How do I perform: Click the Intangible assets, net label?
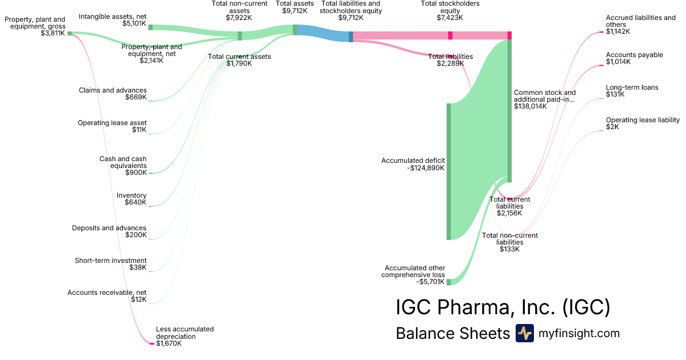pos(113,17)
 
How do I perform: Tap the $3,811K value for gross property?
pos(53,33)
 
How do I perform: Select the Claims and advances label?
pos(113,90)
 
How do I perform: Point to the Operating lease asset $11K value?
pos(139,130)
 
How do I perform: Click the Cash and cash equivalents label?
pos(123,162)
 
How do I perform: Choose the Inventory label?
pos(131,195)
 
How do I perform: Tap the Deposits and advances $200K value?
pos(136,235)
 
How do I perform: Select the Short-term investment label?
pos(111,261)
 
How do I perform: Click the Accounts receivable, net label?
pos(107,293)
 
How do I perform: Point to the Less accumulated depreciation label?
pos(185,333)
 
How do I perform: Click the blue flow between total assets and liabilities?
pos(323,33)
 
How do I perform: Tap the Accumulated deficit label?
pos(413,161)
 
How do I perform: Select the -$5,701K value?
pos(430,282)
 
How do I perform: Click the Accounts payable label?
pos(634,55)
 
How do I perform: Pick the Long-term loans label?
pos(632,87)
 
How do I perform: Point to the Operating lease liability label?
pos(643,120)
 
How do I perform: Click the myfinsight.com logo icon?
pos(525,333)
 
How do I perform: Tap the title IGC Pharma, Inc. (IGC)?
pos(503,307)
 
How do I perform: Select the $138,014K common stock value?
pos(530,106)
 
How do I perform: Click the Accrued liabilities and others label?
pos(640,21)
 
